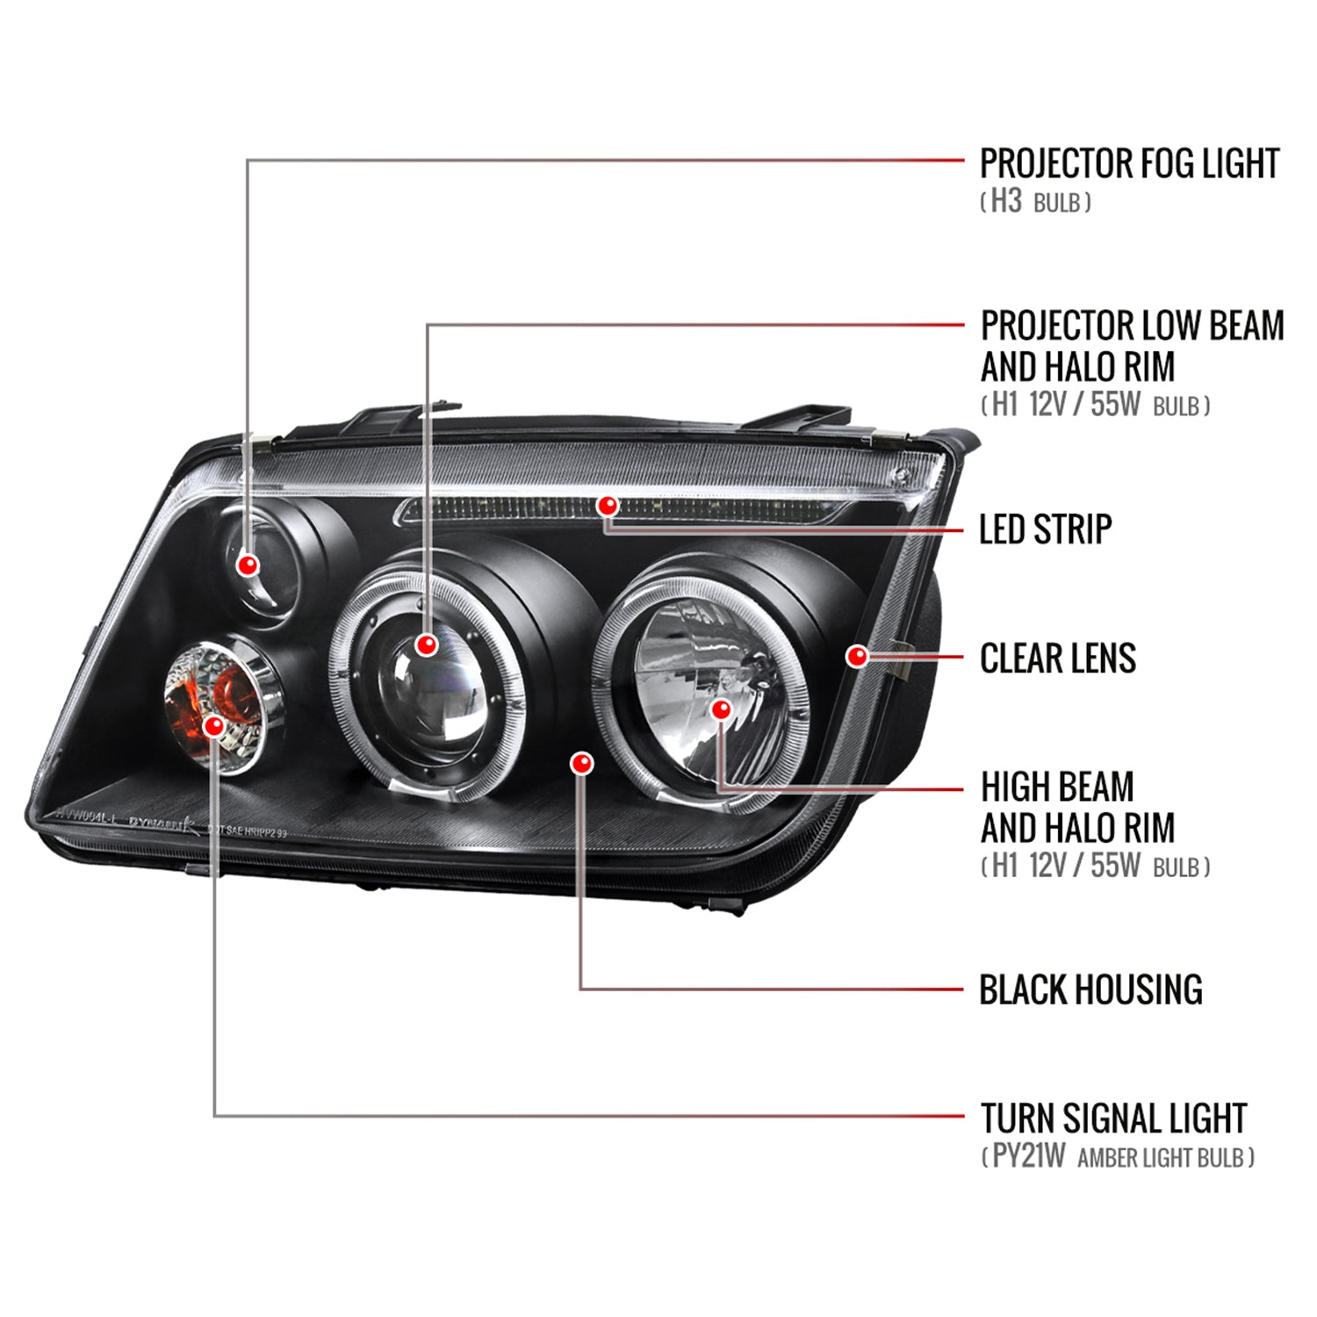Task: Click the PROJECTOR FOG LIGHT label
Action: pyautogui.click(x=1128, y=164)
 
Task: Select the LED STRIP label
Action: pyautogui.click(x=1045, y=529)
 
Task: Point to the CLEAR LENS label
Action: pyautogui.click(x=1057, y=658)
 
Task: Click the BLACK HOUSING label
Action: pyautogui.click(x=1090, y=990)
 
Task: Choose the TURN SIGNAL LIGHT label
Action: pyautogui.click(x=1113, y=1119)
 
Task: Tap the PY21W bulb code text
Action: pyautogui.click(x=1028, y=1156)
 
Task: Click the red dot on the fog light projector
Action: pyautogui.click(x=248, y=564)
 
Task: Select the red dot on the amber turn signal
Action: pyautogui.click(x=213, y=725)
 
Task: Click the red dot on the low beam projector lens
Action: pyautogui.click(x=427, y=645)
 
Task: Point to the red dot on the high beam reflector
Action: pyautogui.click(x=721, y=709)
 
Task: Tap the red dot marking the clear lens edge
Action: pyautogui.click(x=857, y=656)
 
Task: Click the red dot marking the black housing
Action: pyautogui.click(x=581, y=763)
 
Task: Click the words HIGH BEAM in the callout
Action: pyautogui.click(x=1057, y=787)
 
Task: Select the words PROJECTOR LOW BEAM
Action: pyautogui.click(x=1132, y=326)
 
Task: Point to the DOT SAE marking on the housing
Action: pyautogui.click(x=247, y=830)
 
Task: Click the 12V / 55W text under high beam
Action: pyautogui.click(x=1084, y=867)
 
